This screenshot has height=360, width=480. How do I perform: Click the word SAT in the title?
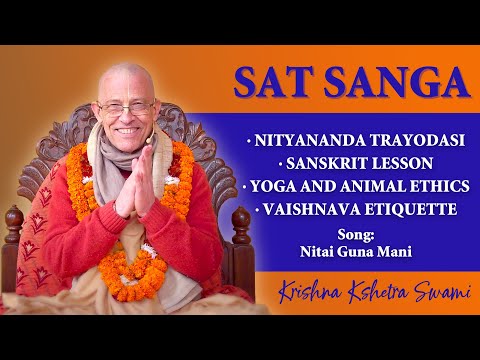coord(273,83)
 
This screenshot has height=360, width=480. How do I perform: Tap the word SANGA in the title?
coord(380,83)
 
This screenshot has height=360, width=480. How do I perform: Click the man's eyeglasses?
coord(128,106)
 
